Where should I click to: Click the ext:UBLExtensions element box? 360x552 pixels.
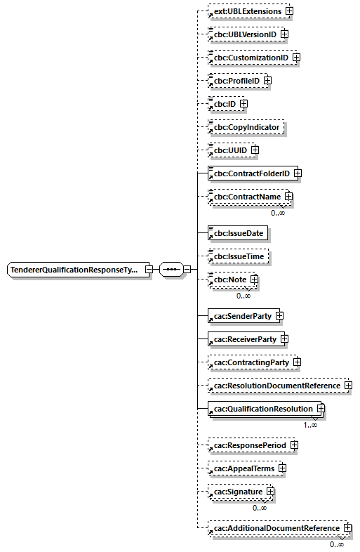247,12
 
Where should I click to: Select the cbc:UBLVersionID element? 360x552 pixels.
244,34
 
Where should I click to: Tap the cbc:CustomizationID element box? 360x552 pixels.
250,58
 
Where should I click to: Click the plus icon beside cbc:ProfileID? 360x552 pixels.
267,81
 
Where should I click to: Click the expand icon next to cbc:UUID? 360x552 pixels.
255,150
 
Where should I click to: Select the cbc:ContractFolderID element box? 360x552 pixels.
251,173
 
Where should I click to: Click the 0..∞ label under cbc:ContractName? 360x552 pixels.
278,212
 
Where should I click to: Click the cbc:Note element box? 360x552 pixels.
229,280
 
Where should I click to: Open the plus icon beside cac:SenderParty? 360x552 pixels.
279,316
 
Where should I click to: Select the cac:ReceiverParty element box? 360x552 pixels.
245,339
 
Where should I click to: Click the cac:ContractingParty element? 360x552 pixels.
251,362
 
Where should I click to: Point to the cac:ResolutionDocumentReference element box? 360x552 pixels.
276,386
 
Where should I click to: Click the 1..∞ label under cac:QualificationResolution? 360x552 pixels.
310,424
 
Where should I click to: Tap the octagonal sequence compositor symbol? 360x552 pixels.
171,270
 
